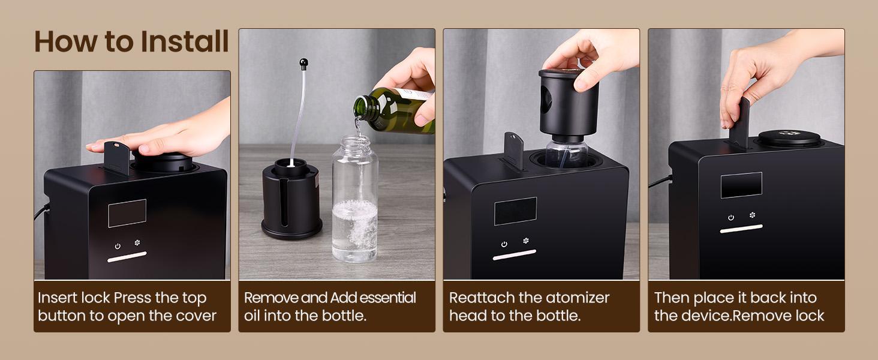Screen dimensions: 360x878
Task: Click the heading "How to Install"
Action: (131, 41)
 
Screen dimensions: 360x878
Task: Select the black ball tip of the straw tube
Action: (304, 62)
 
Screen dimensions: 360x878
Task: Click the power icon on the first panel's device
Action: (118, 245)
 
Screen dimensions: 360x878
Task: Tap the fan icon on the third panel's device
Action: (526, 241)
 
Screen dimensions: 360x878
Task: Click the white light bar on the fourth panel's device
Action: (741, 229)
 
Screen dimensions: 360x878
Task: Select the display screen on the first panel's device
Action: (127, 213)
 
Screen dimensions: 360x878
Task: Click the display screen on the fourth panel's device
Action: (741, 185)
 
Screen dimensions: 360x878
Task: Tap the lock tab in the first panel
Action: (116, 157)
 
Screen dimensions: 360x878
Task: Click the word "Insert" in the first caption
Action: (58, 298)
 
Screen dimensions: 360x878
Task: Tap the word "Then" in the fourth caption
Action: (672, 298)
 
